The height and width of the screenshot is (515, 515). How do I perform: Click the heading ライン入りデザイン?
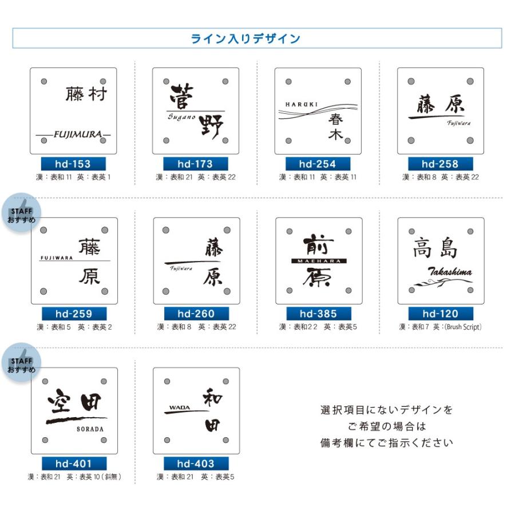tap(245, 39)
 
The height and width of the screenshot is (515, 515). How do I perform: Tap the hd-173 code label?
tap(195, 164)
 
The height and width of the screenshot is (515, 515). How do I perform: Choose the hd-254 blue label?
tap(318, 164)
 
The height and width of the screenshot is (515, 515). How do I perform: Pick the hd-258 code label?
tap(441, 164)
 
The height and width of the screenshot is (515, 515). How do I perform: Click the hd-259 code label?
tap(74, 314)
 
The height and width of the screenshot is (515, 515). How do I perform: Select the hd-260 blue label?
tap(196, 314)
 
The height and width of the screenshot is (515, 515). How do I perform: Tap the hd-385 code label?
tap(319, 314)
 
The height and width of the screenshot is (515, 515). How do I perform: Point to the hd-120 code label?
tap(441, 314)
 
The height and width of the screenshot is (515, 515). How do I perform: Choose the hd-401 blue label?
tap(74, 463)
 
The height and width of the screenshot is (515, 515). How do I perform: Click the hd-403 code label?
tap(196, 463)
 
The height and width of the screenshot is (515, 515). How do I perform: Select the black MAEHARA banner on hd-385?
tap(319, 261)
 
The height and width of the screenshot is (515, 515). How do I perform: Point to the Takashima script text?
tap(450, 272)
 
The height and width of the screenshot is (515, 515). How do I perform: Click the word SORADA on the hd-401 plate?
tap(90, 429)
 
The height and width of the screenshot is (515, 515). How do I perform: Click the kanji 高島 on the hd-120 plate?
tap(435, 249)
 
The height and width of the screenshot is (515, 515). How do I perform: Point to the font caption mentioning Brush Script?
tap(440, 327)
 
